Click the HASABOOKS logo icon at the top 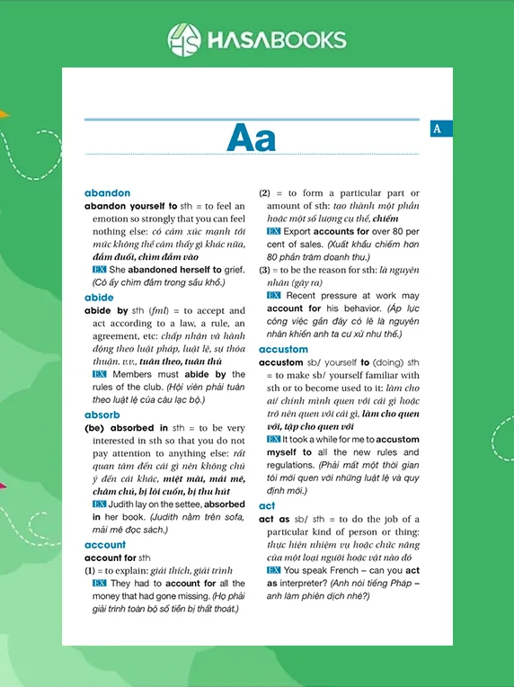tap(184, 40)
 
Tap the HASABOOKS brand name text tap(276, 40)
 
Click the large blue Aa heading tap(252, 138)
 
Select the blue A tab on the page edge tap(438, 129)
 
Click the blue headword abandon tap(107, 192)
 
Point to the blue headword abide tap(99, 297)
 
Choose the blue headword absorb tap(102, 415)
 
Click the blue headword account tap(105, 545)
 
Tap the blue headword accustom tap(283, 349)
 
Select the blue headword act tap(267, 506)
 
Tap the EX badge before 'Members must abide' tap(100, 374)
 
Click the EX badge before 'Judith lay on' tap(100, 504)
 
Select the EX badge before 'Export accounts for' tap(274, 231)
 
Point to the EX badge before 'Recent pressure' tap(274, 296)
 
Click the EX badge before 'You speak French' tap(274, 570)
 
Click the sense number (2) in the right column tap(265, 192)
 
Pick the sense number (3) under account tap(265, 270)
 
